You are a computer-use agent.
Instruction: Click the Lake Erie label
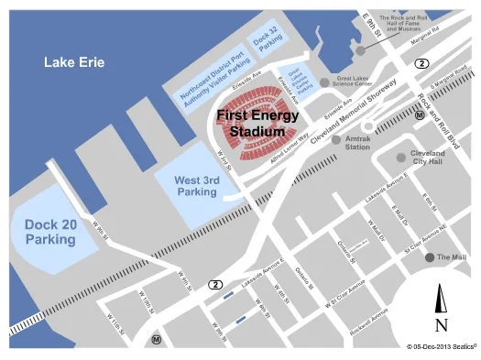pos(74,62)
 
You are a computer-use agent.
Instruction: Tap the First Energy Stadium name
pos(250,124)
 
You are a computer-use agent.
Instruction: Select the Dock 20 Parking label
pos(50,231)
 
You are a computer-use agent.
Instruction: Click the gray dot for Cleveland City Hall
pos(400,157)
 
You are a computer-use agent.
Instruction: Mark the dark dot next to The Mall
pos(429,257)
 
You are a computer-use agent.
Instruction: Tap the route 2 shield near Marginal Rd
pos(421,63)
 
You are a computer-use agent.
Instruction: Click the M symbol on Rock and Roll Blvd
pos(419,116)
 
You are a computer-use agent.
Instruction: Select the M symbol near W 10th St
pos(157,339)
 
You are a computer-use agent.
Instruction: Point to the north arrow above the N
pos(441,297)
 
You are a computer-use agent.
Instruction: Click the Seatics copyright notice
pos(440,347)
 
